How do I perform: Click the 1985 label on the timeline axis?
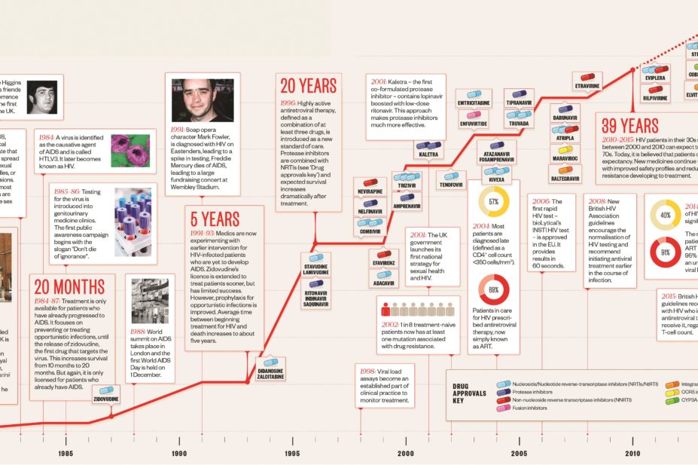pyautogui.click(x=65, y=453)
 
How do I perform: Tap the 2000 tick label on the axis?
pyautogui.click(x=406, y=453)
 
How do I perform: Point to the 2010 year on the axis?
pyautogui.click(x=632, y=453)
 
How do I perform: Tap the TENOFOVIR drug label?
pyautogui.click(x=450, y=184)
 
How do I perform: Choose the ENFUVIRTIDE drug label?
pyautogui.click(x=473, y=123)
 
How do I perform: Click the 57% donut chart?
pyautogui.click(x=494, y=202)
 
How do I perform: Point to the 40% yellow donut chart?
pyautogui.click(x=665, y=214)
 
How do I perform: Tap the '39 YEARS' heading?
pyautogui.click(x=629, y=125)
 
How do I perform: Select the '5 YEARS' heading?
pyautogui.click(x=215, y=219)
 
